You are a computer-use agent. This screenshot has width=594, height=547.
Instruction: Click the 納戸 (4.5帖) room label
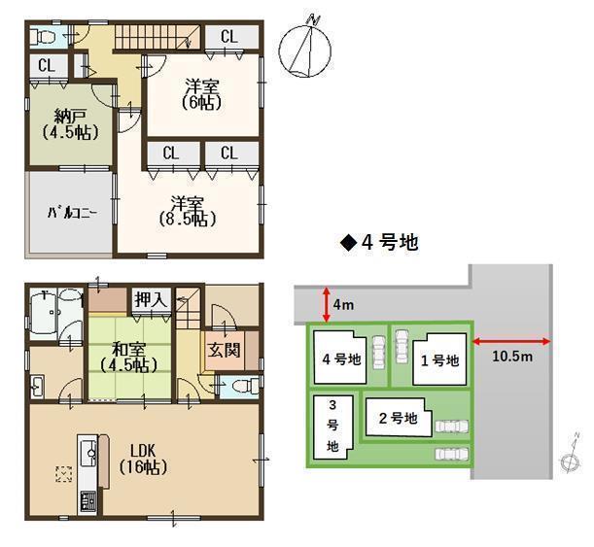click(x=70, y=124)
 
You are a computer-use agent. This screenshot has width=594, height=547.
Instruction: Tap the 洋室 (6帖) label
click(x=201, y=94)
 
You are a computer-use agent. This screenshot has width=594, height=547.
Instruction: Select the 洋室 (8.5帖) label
click(x=188, y=211)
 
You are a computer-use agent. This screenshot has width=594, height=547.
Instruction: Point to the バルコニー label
click(x=72, y=213)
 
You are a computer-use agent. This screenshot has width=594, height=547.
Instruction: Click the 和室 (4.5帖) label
click(x=128, y=357)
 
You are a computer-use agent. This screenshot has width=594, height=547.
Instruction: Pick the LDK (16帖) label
click(x=143, y=460)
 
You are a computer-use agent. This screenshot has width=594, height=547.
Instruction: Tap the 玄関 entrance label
click(x=224, y=350)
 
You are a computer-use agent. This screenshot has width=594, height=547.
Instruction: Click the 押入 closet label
click(x=151, y=300)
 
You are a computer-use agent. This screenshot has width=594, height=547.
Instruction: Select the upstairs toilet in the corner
click(x=43, y=37)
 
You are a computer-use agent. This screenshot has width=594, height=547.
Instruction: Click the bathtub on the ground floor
click(x=44, y=314)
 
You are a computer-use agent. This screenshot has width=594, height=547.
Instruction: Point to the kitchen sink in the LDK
click(x=89, y=453)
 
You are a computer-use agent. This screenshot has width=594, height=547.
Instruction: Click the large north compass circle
click(x=305, y=51)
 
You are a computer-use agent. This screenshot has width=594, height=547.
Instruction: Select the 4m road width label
click(x=343, y=305)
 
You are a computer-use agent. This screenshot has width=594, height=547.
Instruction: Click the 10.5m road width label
click(x=512, y=357)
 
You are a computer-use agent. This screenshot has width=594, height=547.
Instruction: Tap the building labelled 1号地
click(x=439, y=359)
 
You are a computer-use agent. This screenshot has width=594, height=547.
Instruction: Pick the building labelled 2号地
click(x=399, y=417)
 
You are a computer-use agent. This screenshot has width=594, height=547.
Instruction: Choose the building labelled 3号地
click(x=333, y=427)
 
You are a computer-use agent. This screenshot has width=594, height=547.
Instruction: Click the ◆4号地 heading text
click(x=379, y=242)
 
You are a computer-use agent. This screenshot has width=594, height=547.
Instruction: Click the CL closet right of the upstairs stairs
click(x=229, y=37)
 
